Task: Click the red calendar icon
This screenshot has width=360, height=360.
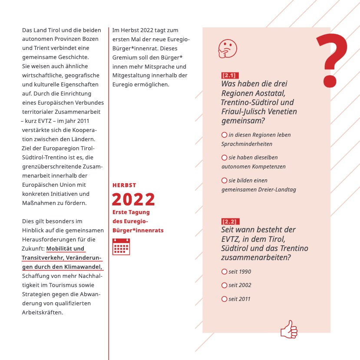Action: (x=121, y=247)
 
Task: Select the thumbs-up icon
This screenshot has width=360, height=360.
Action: (x=289, y=330)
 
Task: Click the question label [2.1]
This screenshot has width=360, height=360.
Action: (x=229, y=76)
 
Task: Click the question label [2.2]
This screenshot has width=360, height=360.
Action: (x=230, y=221)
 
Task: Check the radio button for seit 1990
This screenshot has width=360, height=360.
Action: (x=225, y=272)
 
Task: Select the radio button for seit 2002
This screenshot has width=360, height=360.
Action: (x=225, y=285)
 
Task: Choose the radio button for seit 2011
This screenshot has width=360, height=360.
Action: (x=225, y=299)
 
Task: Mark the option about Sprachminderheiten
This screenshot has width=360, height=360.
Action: (x=225, y=135)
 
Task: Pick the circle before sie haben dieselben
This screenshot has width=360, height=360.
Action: (x=225, y=158)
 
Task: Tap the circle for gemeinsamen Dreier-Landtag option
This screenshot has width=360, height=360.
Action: (x=225, y=180)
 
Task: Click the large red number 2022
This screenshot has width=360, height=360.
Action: (x=133, y=199)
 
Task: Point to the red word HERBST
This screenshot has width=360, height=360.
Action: (x=124, y=185)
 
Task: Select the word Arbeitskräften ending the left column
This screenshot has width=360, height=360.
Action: (x=43, y=312)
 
